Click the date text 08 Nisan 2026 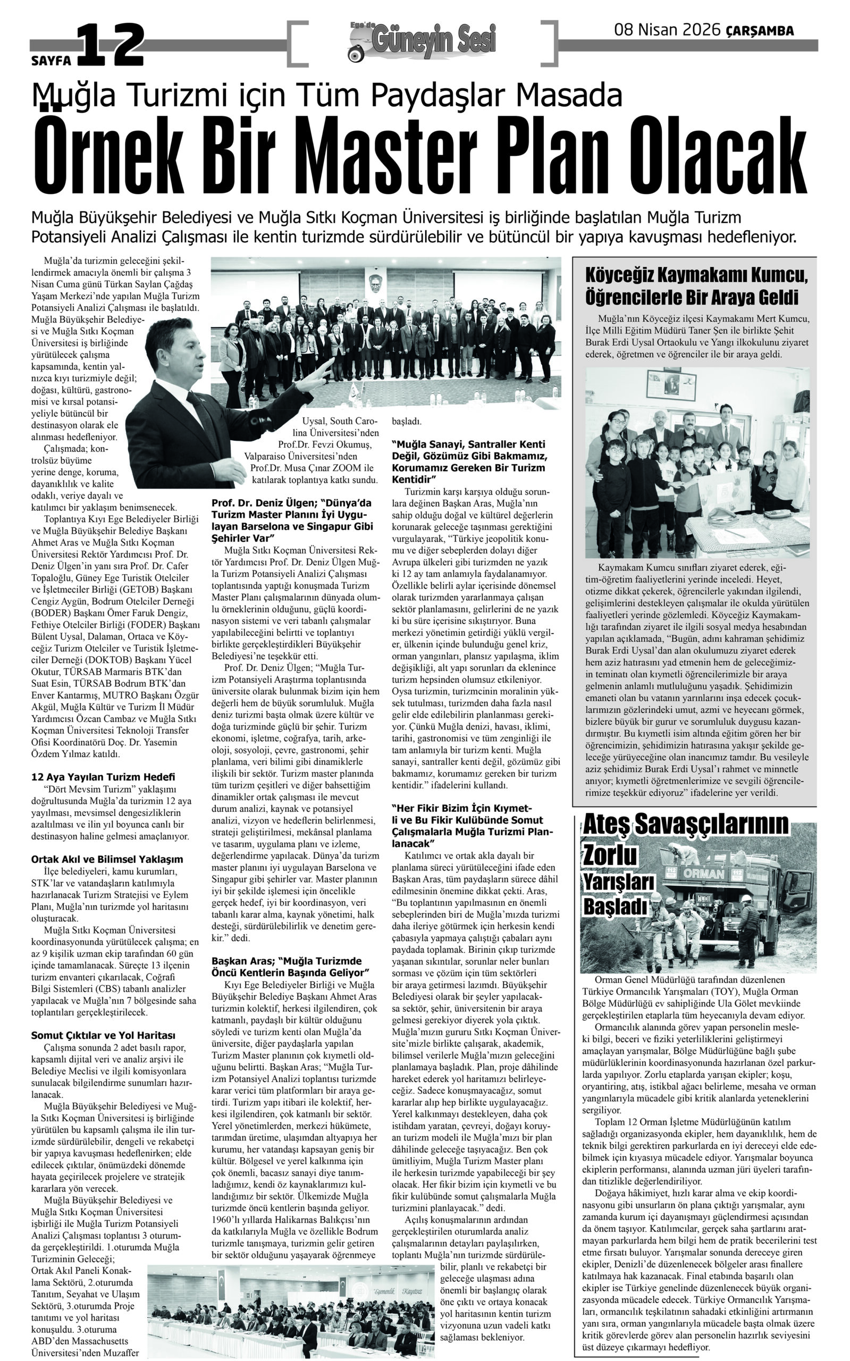[x=667, y=30]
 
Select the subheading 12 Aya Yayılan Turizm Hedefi [x=104, y=777]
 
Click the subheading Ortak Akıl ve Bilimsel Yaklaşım [x=107, y=860]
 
